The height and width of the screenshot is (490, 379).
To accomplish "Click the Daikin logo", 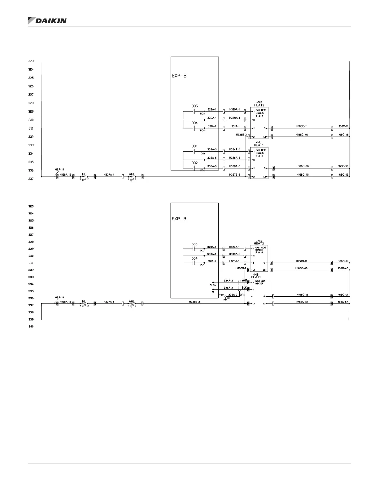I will (47, 20).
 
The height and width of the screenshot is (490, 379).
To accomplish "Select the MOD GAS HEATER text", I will (260, 282).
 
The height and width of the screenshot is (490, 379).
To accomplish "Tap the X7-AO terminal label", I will (213, 285).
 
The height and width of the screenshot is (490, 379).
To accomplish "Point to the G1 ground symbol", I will (226, 299).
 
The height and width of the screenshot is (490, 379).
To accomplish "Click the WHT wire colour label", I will (244, 281).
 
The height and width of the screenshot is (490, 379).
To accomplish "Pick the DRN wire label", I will (242, 295).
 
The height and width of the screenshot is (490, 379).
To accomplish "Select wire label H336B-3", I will (194, 302).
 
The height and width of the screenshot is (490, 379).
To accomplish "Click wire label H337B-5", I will (234, 175).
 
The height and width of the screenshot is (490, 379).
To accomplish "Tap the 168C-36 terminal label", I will (343, 166).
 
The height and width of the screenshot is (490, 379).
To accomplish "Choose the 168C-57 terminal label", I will (343, 302).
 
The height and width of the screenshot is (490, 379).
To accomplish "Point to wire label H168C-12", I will (302, 294).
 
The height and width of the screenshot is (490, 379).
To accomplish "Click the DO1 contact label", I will (194, 146).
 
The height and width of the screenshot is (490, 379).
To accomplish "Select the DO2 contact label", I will (194, 163).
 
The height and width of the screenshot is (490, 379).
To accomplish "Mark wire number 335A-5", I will (212, 158).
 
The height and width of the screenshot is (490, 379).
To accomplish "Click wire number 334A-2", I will (228, 281).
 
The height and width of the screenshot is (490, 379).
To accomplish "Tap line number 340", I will (31, 326).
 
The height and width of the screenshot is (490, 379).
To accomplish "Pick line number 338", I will (31, 312).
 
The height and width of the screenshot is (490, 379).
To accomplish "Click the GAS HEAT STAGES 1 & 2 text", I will (260, 153).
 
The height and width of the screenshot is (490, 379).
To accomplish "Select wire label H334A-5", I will (234, 150).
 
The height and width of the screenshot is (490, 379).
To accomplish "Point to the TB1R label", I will (221, 295).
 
